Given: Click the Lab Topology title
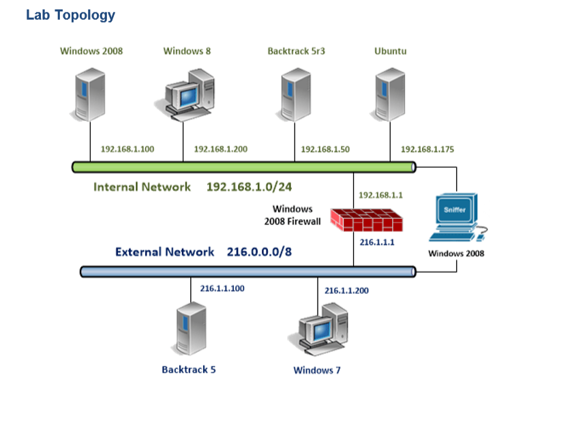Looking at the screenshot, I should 70,15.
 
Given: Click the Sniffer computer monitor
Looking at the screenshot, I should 455,213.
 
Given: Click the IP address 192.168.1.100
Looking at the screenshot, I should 127,149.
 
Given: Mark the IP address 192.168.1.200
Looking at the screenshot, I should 220,149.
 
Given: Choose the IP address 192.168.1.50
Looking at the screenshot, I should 325,149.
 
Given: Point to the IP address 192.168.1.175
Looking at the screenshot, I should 427,149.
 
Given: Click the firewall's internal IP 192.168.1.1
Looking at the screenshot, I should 380,195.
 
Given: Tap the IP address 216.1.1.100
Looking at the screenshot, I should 222,289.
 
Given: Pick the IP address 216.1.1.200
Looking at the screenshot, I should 346,291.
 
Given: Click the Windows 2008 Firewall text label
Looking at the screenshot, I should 292,215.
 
